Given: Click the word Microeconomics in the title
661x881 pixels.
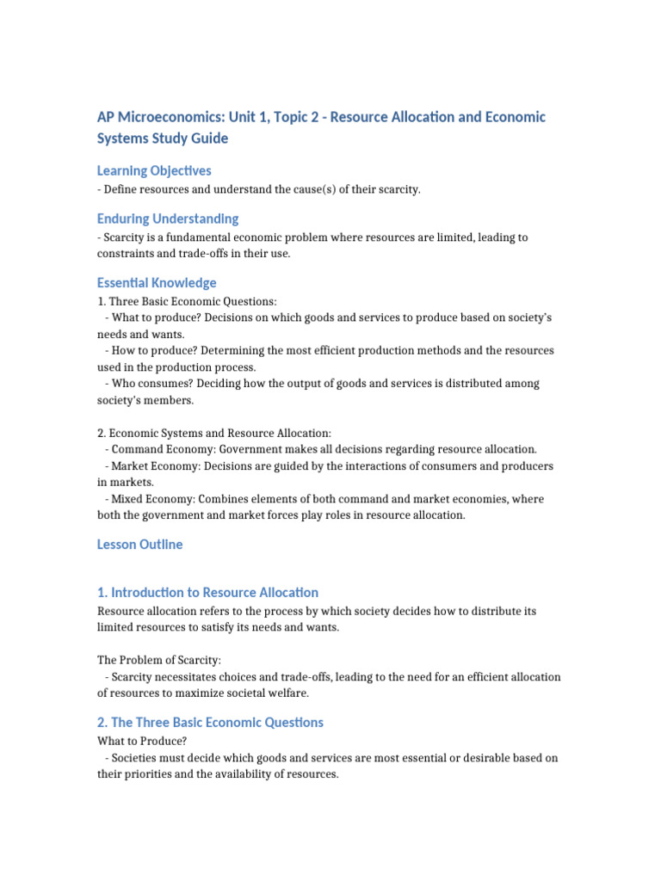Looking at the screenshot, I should tap(164, 117).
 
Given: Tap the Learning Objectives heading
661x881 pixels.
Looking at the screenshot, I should tap(154, 170).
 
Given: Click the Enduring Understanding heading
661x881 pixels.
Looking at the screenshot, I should tap(168, 219).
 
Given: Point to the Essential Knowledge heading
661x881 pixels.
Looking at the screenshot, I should tap(157, 282).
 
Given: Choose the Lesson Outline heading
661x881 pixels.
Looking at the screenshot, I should tap(139, 544).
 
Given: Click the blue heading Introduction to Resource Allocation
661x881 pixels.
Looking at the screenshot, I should tap(214, 592).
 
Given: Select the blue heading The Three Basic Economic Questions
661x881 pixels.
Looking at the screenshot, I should tap(217, 722).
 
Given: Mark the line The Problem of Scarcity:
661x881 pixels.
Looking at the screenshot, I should tap(159, 660).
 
